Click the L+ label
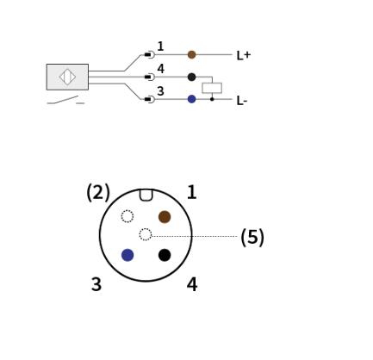(244, 55)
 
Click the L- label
(242, 101)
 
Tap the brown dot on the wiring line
(192, 54)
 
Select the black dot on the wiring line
(192, 77)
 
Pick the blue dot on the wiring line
(192, 99)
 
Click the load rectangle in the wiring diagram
(212, 88)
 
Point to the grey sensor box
(67, 77)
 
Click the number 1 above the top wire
(160, 47)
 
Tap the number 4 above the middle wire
(161, 69)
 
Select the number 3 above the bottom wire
(160, 91)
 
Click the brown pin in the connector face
(165, 217)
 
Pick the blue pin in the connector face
(127, 255)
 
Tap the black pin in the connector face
(165, 255)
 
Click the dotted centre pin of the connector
(146, 234)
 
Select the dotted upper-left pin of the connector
(127, 216)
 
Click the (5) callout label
(252, 237)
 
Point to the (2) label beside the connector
(98, 192)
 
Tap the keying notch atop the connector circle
(146, 195)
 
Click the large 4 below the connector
(192, 284)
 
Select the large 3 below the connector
(96, 284)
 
